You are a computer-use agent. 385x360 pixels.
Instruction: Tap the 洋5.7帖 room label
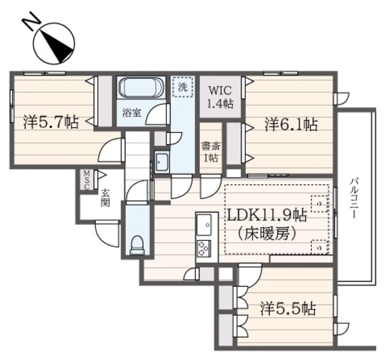51,122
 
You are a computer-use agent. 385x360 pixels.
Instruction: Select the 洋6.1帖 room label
291,125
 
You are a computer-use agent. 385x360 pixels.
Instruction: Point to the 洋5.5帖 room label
288,309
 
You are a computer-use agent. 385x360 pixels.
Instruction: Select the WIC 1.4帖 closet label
220,96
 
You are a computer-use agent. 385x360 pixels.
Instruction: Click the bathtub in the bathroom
138,88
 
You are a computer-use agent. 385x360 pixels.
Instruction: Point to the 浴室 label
132,112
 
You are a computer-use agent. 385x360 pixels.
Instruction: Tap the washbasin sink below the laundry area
162,161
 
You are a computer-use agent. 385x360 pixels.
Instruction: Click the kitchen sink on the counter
204,225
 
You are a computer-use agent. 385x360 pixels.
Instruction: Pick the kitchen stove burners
204,248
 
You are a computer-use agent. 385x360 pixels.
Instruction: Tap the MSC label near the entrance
87,180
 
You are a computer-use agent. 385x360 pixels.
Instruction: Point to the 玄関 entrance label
105,198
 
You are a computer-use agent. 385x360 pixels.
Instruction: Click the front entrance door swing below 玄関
107,232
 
